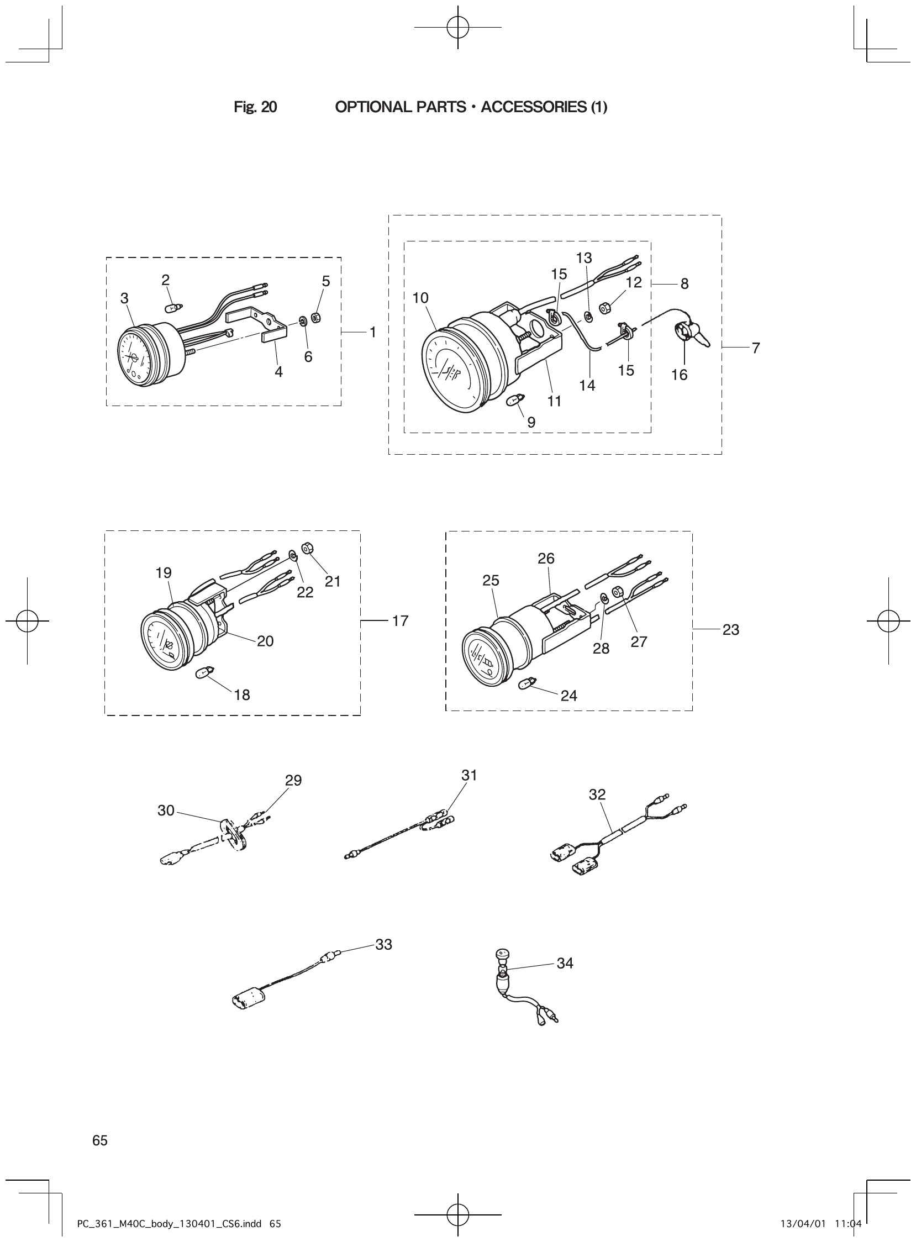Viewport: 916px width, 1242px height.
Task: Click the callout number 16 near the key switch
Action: [678, 375]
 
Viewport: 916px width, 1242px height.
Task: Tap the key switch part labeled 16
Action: [683, 333]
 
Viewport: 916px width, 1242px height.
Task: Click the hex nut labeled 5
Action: [318, 318]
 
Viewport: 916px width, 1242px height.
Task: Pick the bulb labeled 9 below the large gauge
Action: [515, 399]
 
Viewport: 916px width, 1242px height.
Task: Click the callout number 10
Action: [420, 298]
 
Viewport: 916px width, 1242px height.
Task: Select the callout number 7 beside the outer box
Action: [756, 348]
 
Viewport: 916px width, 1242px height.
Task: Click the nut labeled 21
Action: [306, 548]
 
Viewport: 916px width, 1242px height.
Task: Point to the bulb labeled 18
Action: [203, 674]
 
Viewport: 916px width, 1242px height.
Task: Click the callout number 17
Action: [400, 621]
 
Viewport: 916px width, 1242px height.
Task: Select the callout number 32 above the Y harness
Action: [597, 794]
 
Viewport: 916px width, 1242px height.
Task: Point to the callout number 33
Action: [384, 944]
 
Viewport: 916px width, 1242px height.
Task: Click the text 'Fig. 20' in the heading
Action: [255, 107]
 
